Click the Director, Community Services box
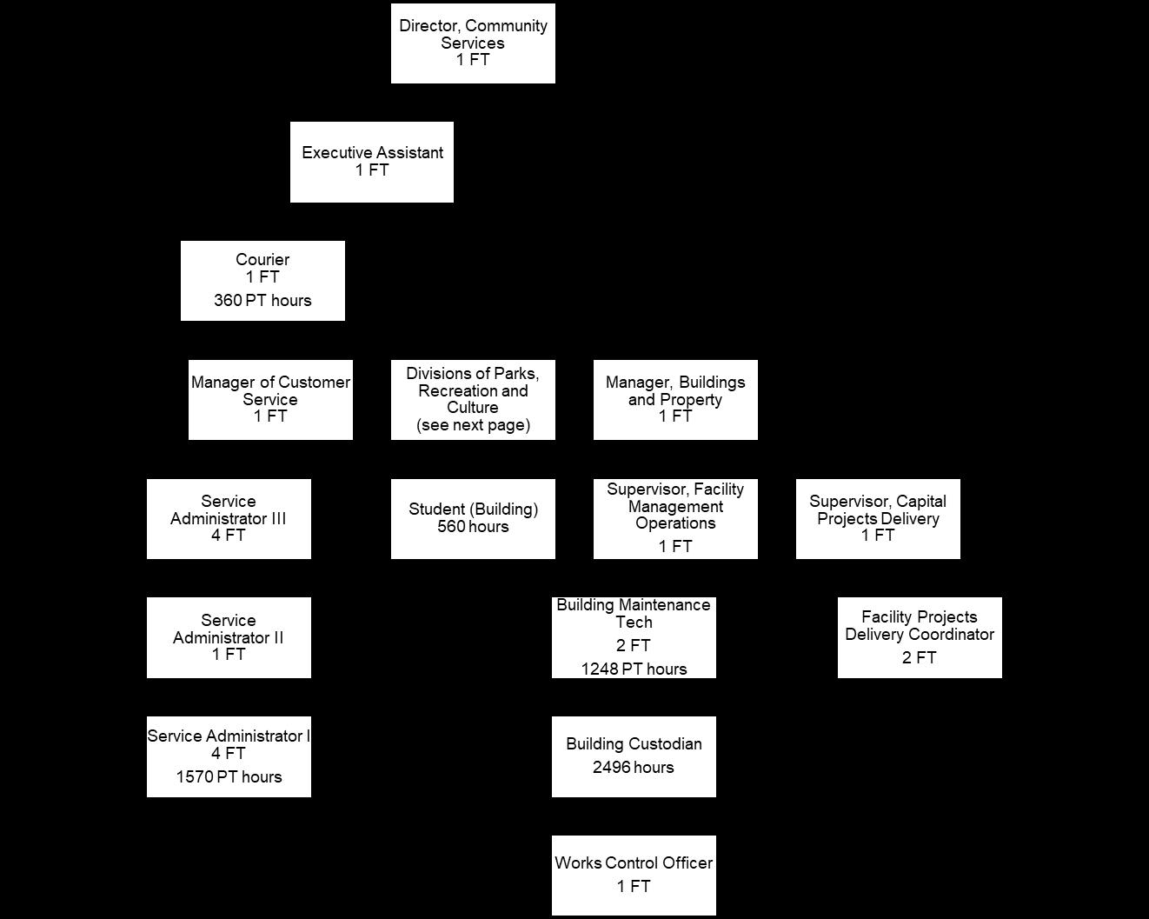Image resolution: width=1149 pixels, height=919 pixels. (x=473, y=43)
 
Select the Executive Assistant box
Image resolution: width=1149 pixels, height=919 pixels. (x=372, y=162)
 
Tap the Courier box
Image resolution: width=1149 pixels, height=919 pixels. (x=262, y=280)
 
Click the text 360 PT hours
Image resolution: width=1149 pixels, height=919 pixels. (x=262, y=301)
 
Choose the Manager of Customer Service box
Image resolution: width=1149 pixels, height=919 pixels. (x=270, y=400)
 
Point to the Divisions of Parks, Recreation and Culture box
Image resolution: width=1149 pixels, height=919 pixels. (x=473, y=400)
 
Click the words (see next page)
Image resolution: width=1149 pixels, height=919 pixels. (x=473, y=425)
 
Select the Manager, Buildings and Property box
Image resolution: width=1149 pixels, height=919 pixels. (x=675, y=400)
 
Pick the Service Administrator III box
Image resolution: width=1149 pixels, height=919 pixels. (x=229, y=518)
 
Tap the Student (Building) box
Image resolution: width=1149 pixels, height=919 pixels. (x=473, y=518)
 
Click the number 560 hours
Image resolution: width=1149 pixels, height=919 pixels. (x=473, y=527)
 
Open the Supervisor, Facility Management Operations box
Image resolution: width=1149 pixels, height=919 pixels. (x=675, y=518)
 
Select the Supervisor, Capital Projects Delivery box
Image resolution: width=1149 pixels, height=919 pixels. (x=878, y=518)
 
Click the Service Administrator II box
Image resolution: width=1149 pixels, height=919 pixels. (x=229, y=637)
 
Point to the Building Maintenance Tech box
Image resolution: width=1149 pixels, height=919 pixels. (x=634, y=637)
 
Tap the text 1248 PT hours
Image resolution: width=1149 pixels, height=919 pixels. (x=634, y=669)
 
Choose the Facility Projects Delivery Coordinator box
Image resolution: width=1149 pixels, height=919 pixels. (x=920, y=637)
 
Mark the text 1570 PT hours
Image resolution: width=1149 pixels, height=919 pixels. (x=229, y=777)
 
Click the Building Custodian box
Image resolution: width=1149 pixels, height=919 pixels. (x=634, y=756)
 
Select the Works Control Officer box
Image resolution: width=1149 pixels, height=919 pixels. (x=634, y=875)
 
